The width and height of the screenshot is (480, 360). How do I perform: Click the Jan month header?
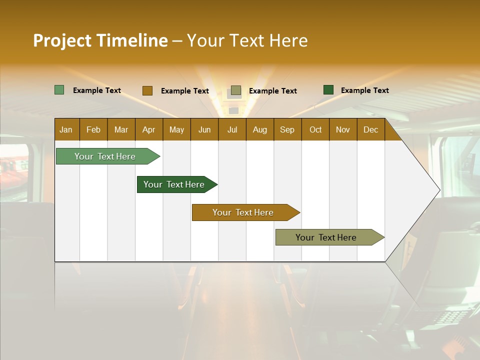pyautogui.click(x=66, y=129)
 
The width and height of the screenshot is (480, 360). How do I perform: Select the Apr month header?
pyautogui.click(x=148, y=129)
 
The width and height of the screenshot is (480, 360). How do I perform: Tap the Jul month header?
pyautogui.click(x=232, y=129)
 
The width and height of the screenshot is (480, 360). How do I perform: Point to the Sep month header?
pyautogui.click(x=287, y=129)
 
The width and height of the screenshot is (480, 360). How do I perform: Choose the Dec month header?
pyautogui.click(x=370, y=129)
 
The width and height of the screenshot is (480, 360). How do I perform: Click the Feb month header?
pyautogui.click(x=93, y=129)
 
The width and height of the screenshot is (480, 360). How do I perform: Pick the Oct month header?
pyautogui.click(x=315, y=129)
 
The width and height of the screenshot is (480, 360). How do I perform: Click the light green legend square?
pyautogui.click(x=59, y=90)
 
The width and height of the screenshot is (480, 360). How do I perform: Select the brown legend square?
pyautogui.click(x=147, y=90)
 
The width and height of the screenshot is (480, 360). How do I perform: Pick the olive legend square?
pyautogui.click(x=236, y=90)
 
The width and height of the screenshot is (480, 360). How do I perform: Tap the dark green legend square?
pyautogui.click(x=328, y=90)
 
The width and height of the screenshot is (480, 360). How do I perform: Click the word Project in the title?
pyautogui.click(x=62, y=40)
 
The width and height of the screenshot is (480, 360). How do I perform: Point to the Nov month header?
pyautogui.click(x=343, y=129)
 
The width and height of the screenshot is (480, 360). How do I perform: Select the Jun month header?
pyautogui.click(x=204, y=129)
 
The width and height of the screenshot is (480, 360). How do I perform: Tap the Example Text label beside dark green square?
pyautogui.click(x=364, y=90)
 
